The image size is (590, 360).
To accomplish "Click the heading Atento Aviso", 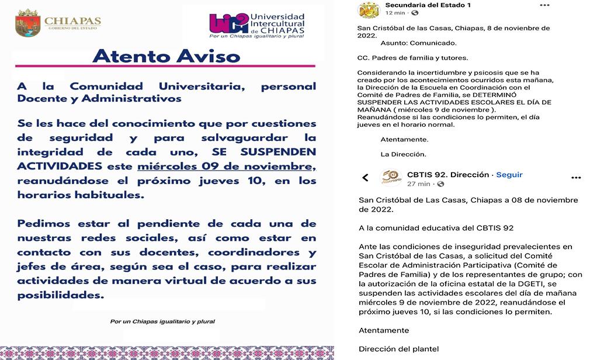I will [x=166, y=56].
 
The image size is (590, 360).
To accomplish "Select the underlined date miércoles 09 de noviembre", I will [x=226, y=167].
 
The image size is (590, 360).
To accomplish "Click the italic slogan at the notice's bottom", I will [x=162, y=321].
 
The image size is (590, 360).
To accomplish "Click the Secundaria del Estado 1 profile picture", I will [x=368, y=9].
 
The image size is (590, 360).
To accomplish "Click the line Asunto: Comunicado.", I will [x=410, y=43].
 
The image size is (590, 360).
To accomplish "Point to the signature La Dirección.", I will [x=403, y=154].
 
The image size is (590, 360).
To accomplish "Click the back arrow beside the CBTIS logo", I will [x=366, y=178].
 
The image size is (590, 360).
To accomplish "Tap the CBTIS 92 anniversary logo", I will [x=391, y=177].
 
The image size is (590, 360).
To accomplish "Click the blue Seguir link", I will [x=509, y=175].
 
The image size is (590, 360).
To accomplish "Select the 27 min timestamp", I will [x=419, y=184].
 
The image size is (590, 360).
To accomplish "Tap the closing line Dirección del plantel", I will [x=398, y=349].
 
